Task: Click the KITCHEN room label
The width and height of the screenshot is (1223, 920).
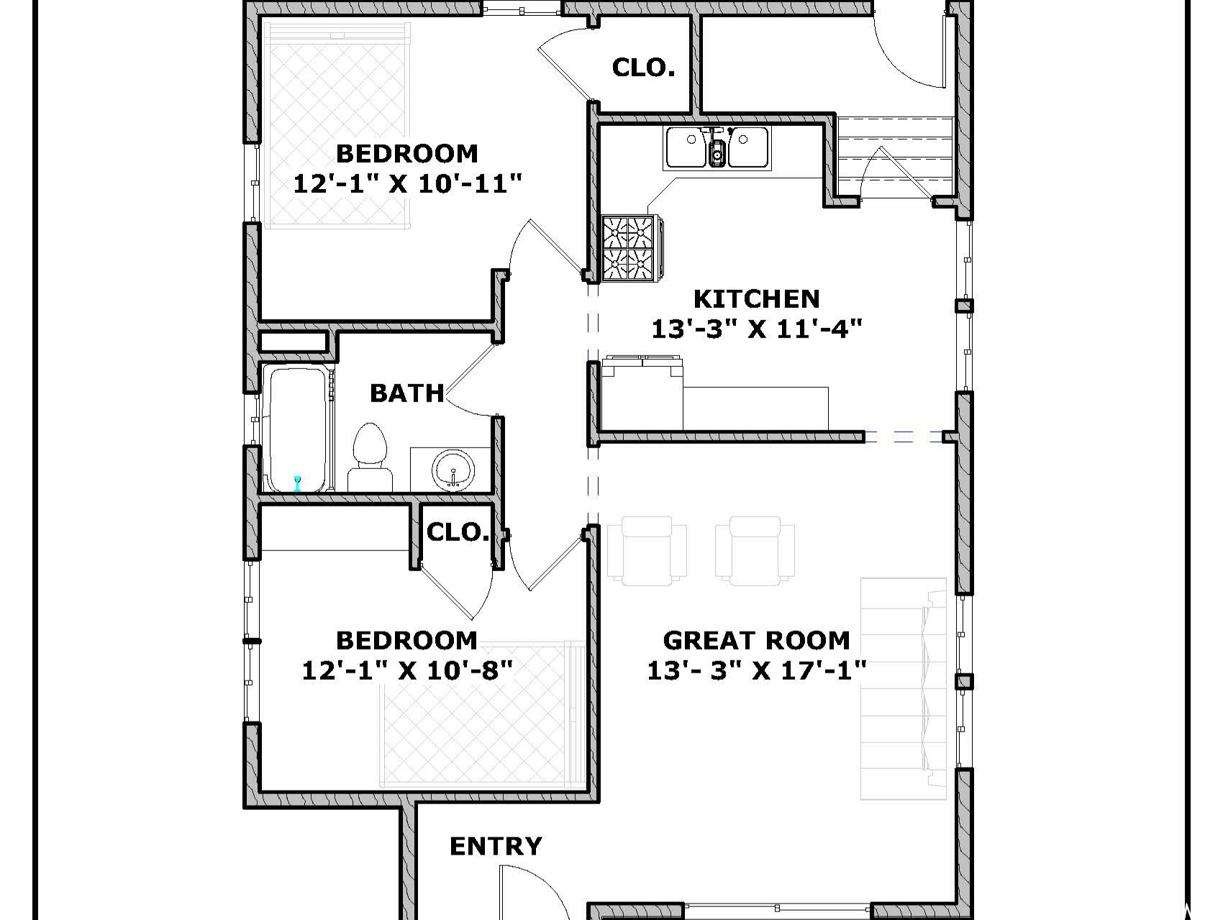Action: (756, 299)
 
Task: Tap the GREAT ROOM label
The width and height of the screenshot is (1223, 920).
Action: (756, 640)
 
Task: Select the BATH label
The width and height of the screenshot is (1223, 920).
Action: (407, 393)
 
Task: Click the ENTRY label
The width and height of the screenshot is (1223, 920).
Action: (496, 847)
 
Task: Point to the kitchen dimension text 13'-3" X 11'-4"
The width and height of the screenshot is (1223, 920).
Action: (756, 329)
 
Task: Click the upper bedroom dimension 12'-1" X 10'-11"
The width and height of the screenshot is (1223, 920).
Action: (407, 183)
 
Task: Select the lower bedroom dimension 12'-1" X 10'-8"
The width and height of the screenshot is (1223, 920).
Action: (407, 670)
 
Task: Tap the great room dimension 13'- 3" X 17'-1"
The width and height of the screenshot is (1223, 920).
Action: (756, 670)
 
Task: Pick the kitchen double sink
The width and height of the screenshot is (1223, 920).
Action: (717, 148)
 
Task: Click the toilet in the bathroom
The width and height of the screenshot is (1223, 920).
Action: (370, 457)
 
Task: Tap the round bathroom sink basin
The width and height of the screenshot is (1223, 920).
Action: (453, 471)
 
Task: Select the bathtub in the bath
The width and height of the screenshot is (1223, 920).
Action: (298, 429)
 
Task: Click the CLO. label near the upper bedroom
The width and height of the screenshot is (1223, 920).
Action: (643, 68)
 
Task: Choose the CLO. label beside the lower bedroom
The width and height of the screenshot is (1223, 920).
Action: (458, 532)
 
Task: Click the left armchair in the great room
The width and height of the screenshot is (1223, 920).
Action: (646, 550)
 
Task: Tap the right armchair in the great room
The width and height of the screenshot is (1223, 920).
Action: (755, 550)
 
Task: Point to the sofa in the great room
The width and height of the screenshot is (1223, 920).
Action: (904, 688)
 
